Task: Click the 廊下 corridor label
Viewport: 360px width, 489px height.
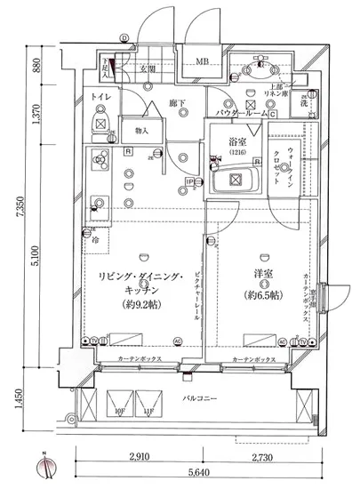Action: coord(176,104)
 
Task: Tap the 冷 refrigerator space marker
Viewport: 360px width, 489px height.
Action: coord(94,238)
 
